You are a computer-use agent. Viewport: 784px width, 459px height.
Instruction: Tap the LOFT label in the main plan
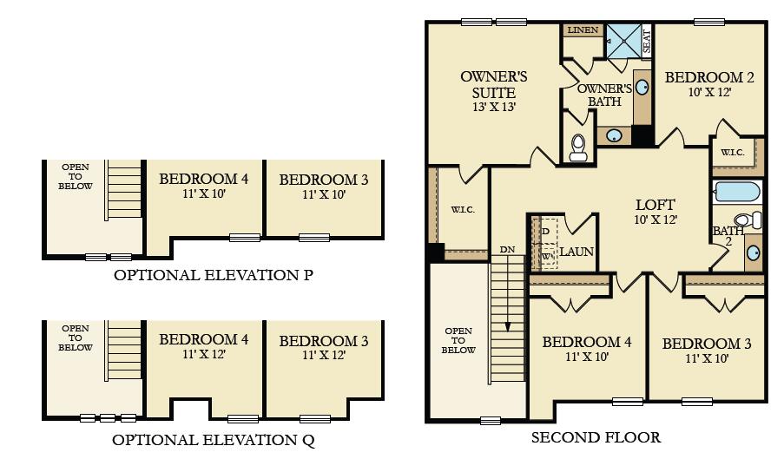[655, 205]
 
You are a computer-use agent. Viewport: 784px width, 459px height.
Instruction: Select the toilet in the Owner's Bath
[578, 148]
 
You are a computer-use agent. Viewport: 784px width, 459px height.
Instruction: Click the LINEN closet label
[583, 30]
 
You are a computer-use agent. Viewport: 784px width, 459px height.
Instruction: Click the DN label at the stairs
[507, 250]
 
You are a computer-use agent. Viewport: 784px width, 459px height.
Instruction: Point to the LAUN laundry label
[576, 252]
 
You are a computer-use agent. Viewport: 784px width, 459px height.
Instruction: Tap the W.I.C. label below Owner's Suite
[462, 210]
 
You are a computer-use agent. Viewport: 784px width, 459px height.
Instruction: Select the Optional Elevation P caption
[214, 276]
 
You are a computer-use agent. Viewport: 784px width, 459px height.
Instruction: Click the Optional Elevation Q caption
[214, 440]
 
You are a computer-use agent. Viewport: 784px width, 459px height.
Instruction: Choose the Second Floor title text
[596, 437]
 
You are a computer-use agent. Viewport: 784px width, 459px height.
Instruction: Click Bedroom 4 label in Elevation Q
[203, 339]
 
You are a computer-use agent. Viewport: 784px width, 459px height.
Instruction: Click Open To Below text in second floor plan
[459, 341]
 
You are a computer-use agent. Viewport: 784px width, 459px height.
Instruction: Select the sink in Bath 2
[754, 252]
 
